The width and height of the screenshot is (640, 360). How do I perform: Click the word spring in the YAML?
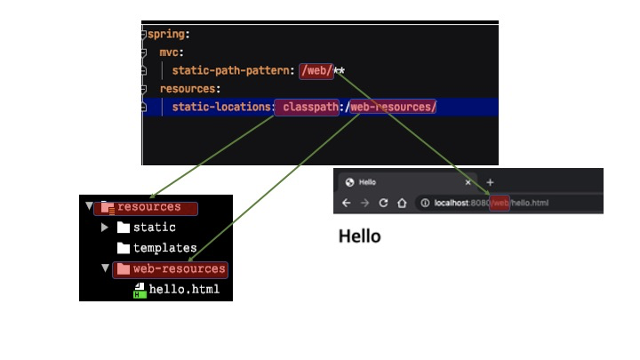coord(167,35)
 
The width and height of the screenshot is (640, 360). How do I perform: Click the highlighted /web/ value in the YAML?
coord(316,70)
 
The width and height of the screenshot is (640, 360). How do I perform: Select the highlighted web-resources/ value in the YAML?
coord(393,108)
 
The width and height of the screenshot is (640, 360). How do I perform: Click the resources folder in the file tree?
coord(148,207)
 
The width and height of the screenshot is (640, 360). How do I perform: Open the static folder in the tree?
coord(154,228)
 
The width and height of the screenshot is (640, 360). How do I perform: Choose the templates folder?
coord(164,249)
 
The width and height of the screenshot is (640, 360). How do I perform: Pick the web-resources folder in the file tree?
coord(179,269)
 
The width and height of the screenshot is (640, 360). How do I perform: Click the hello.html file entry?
coord(183,290)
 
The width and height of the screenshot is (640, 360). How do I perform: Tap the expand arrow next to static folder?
coord(106,228)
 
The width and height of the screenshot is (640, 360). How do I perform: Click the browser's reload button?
coord(384,204)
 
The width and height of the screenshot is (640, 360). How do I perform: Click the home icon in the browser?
coord(402,204)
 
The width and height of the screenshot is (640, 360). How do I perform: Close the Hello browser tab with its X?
coord(468,182)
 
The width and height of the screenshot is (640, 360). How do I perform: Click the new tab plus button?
coord(490,182)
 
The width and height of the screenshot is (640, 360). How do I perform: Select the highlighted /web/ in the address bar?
coord(500,204)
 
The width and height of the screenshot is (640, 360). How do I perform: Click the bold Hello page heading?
coord(360,236)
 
